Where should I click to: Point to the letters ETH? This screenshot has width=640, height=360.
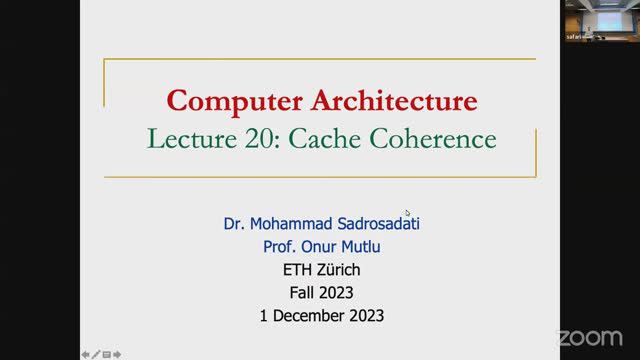click(x=298, y=270)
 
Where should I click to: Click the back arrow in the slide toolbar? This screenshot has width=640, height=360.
click(x=85, y=353)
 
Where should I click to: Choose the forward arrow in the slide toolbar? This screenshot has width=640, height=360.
click(x=117, y=353)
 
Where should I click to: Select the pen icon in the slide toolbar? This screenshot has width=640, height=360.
click(x=95, y=353)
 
